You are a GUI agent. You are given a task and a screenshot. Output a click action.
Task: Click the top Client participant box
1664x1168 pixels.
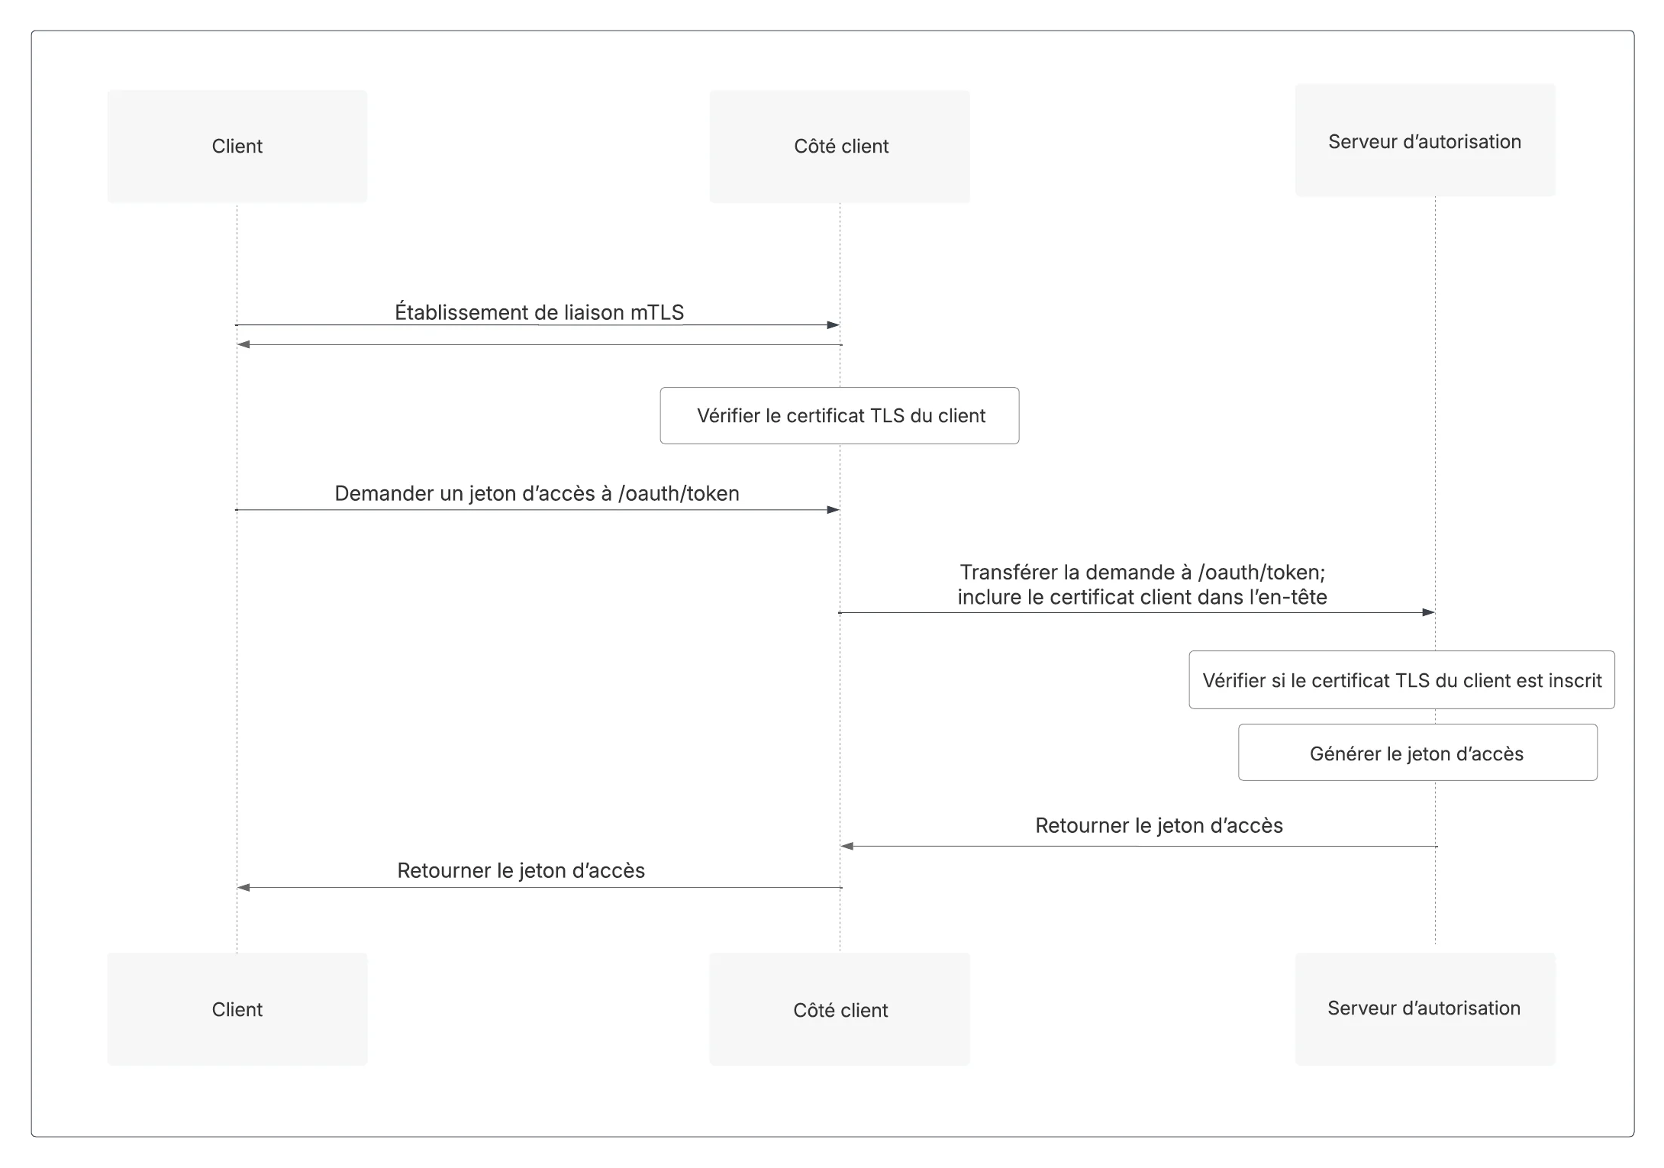[237, 147]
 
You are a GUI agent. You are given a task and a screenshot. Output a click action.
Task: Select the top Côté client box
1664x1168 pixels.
[840, 147]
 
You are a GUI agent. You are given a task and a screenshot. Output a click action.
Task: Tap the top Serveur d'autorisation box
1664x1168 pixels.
[1425, 140]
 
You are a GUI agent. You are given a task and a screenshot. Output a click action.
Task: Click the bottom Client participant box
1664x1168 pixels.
[237, 1009]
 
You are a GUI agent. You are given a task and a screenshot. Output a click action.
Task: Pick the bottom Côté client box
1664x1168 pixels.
[840, 1009]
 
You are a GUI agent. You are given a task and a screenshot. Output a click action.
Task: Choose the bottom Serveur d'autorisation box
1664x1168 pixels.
[1425, 1009]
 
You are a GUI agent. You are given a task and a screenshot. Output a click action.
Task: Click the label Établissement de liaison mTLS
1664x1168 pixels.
[539, 312]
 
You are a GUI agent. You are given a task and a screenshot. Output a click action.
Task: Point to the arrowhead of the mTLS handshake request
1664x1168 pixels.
[834, 325]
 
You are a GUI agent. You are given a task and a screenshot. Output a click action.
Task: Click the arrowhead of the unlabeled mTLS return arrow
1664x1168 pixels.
[243, 345]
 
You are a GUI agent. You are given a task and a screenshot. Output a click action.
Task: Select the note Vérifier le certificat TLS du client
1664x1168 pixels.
[840, 416]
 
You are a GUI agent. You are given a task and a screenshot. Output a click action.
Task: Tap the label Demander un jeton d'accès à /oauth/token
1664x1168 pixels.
[537, 493]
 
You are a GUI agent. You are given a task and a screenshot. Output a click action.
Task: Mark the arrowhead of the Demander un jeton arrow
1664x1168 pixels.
[834, 510]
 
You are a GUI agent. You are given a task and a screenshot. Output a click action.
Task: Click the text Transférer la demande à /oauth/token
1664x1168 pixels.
[1142, 573]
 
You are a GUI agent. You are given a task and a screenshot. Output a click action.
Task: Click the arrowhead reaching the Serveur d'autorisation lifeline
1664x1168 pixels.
[1429, 612]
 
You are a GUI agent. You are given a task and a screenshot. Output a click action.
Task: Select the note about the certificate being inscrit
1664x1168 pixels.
[1401, 680]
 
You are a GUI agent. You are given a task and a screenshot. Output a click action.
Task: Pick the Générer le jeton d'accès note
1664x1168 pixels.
[1417, 753]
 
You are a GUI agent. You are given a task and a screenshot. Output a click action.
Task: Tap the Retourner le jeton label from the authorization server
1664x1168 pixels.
[1159, 825]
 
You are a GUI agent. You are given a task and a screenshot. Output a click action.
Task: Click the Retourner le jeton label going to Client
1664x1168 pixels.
[521, 870]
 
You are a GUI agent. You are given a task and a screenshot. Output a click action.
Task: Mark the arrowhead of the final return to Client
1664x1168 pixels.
[243, 888]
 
